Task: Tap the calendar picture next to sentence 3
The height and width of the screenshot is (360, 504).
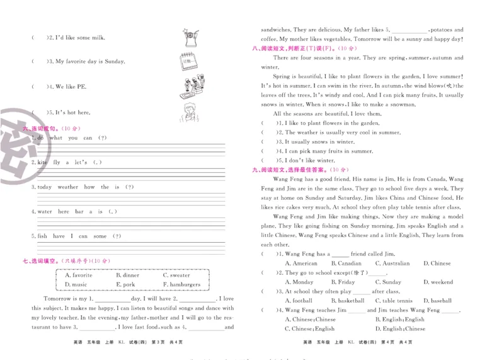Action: (x=188, y=62)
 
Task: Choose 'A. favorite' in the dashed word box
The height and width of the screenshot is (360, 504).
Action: (x=78, y=275)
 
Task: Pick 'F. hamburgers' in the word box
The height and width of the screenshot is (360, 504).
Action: (x=181, y=284)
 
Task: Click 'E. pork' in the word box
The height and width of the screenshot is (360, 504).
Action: (x=125, y=284)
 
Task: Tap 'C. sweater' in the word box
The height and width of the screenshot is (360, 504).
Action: (x=176, y=275)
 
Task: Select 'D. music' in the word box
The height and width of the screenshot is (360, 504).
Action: (x=76, y=284)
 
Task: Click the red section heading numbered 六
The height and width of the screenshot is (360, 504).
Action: (x=58, y=129)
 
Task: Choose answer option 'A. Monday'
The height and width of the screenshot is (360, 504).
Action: (x=299, y=282)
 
